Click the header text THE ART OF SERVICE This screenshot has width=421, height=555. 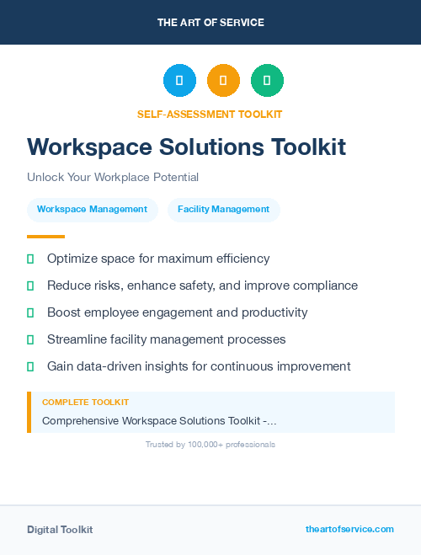210,23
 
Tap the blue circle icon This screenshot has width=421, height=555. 179,81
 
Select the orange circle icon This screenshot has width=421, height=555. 223,81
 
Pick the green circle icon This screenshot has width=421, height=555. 267,81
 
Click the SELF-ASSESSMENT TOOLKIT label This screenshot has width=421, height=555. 210,115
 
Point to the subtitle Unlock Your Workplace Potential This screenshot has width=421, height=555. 113,178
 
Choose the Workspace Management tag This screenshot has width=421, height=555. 93,210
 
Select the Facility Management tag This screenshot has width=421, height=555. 223,210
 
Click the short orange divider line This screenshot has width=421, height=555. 45,237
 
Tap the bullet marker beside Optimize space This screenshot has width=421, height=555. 30,259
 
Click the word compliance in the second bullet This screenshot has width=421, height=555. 326,286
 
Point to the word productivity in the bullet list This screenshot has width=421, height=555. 274,312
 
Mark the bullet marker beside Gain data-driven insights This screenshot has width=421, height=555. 30,366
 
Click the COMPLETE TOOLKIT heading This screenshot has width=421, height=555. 85,403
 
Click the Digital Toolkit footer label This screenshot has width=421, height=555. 60,530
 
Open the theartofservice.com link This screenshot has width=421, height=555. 349,529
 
